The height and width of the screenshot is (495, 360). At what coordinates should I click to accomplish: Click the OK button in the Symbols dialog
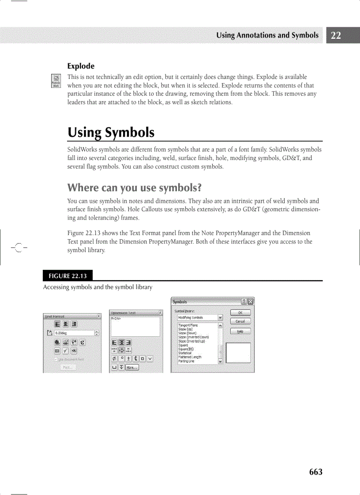[x=240, y=313]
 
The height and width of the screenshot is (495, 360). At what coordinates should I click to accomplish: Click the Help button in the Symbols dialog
[x=240, y=331]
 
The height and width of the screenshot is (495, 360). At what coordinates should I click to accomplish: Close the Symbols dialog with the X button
[x=251, y=302]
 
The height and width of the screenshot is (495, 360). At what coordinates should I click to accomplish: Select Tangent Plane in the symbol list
[x=188, y=325]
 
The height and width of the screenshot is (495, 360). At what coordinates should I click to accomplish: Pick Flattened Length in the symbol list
[x=190, y=357]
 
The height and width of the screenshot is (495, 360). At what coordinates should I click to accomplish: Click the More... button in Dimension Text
[x=132, y=367]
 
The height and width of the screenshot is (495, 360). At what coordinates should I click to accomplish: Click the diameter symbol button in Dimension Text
[x=115, y=358]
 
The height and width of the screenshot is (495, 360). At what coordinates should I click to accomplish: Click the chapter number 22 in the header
[x=336, y=36]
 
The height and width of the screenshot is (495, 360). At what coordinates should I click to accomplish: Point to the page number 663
[x=315, y=472]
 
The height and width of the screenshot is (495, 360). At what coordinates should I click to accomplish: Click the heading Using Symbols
[x=111, y=132]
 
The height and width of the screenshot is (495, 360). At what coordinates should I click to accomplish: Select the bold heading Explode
[x=81, y=67]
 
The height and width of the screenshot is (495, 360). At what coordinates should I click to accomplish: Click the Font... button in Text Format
[x=67, y=367]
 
